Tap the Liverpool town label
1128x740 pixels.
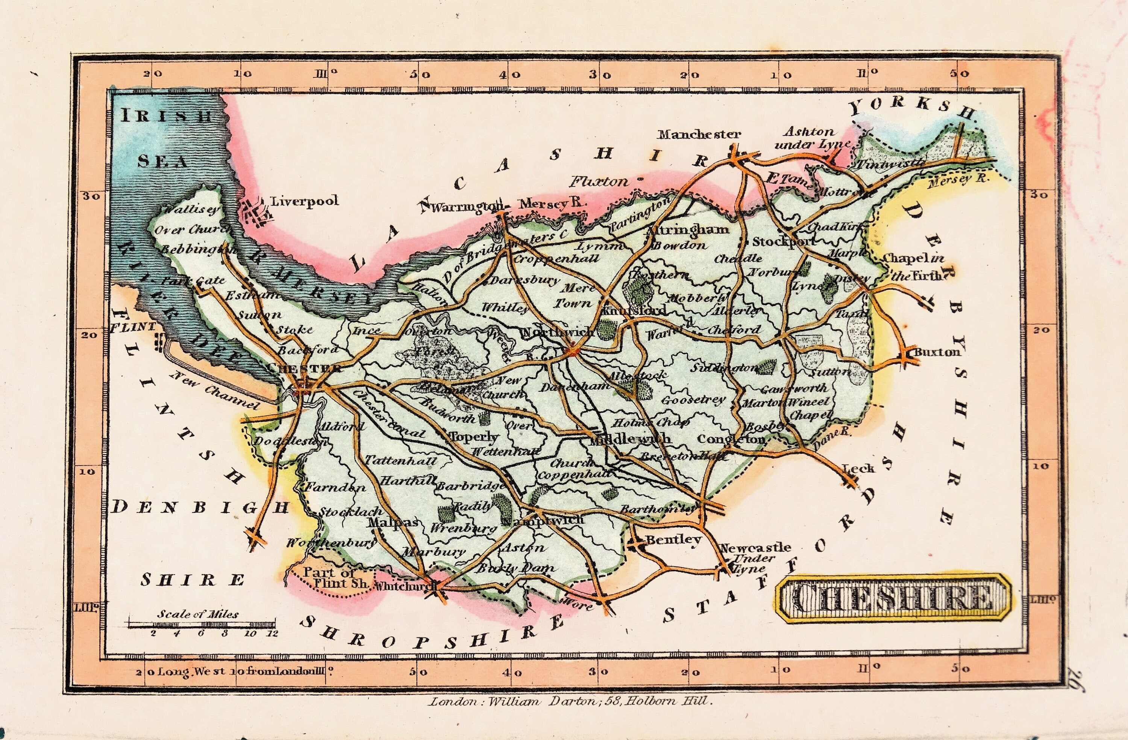[x=304, y=201]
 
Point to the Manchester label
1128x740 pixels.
[x=699, y=135]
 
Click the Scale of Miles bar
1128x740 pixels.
[x=202, y=624]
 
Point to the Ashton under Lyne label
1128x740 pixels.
[x=811, y=138]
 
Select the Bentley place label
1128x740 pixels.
[x=673, y=540]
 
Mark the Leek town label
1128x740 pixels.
[x=858, y=469]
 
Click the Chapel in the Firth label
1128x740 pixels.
[x=914, y=267]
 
